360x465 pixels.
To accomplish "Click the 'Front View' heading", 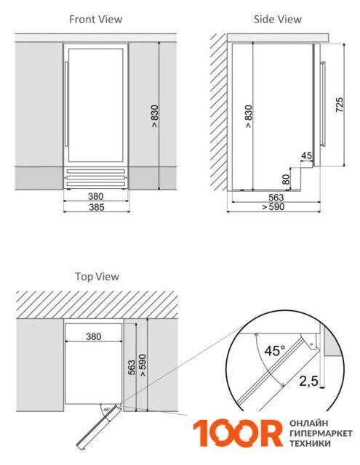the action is coord(95,20).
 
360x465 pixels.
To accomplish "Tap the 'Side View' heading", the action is coord(278,20).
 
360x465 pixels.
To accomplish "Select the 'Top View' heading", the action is coord(97,276).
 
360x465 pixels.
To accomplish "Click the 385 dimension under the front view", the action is coord(97,207).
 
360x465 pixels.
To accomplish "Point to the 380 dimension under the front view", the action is coord(95,196).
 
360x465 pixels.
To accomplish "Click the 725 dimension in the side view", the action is coord(339,105).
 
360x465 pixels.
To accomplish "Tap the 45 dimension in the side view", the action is coord(307,155).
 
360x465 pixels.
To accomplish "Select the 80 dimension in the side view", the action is coord(286,179).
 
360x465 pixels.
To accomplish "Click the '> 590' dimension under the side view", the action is coord(273,206).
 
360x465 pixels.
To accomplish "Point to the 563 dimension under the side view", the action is coord(276,197).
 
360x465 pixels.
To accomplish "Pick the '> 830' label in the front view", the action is coord(155,116).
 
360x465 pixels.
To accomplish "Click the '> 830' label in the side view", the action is coord(249,116).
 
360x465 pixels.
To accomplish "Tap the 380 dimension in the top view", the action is coord(94,336).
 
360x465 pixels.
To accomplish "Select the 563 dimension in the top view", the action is coord(131,368).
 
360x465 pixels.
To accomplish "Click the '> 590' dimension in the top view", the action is coord(143,365).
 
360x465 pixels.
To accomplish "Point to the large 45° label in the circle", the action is coord(274,350).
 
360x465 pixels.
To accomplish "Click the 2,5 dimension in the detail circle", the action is coord(308,381).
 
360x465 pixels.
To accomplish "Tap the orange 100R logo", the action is coord(238,433).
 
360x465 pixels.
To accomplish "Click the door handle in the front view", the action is coord(67,104).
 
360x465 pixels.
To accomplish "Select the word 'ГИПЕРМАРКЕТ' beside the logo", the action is coord(321,433).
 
